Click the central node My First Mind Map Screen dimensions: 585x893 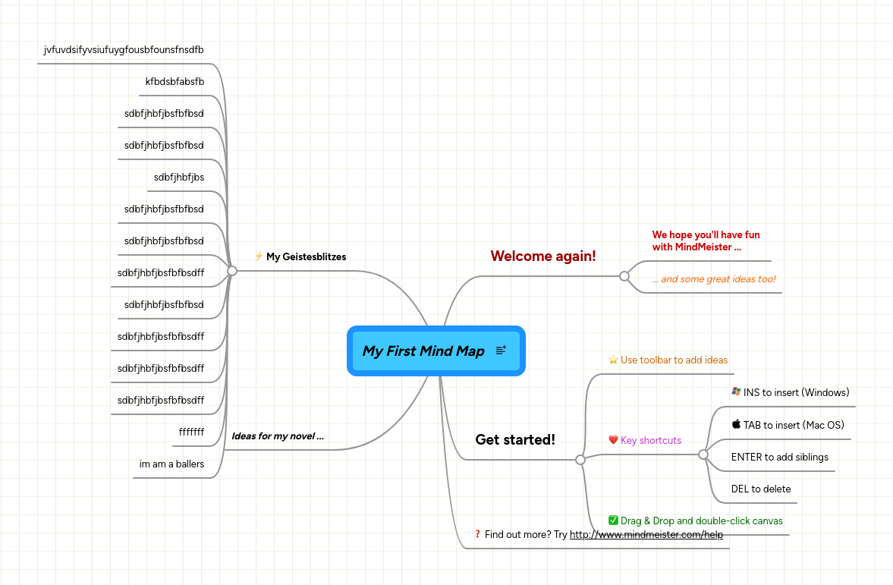(423, 351)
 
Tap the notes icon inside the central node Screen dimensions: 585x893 (501, 350)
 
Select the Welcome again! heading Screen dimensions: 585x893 (543, 256)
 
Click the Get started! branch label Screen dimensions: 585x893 (515, 439)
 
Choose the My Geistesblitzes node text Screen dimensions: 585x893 (306, 257)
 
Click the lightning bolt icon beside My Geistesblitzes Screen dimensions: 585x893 (259, 256)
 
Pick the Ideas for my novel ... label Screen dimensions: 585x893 (278, 436)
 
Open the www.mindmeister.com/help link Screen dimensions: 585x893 (646, 534)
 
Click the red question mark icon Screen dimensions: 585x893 (477, 534)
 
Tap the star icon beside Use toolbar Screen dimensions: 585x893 (613, 360)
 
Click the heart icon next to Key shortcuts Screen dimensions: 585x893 (613, 440)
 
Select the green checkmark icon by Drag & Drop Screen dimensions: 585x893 (613, 521)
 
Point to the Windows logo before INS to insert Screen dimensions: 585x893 (736, 392)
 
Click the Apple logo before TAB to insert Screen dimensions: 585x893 (736, 424)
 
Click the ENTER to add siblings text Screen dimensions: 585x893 (779, 457)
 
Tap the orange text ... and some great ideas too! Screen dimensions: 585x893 (714, 279)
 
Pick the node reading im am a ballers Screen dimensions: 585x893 (171, 464)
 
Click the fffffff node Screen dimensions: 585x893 (191, 432)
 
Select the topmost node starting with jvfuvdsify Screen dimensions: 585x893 (124, 50)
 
